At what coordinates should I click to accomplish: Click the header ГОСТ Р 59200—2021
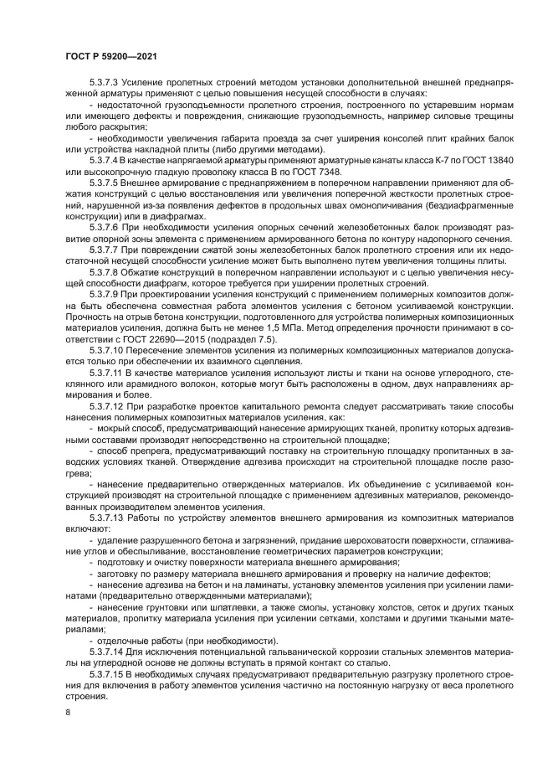click(111, 56)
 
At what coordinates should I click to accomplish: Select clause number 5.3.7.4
click(105, 158)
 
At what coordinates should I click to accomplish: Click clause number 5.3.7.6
click(105, 224)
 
